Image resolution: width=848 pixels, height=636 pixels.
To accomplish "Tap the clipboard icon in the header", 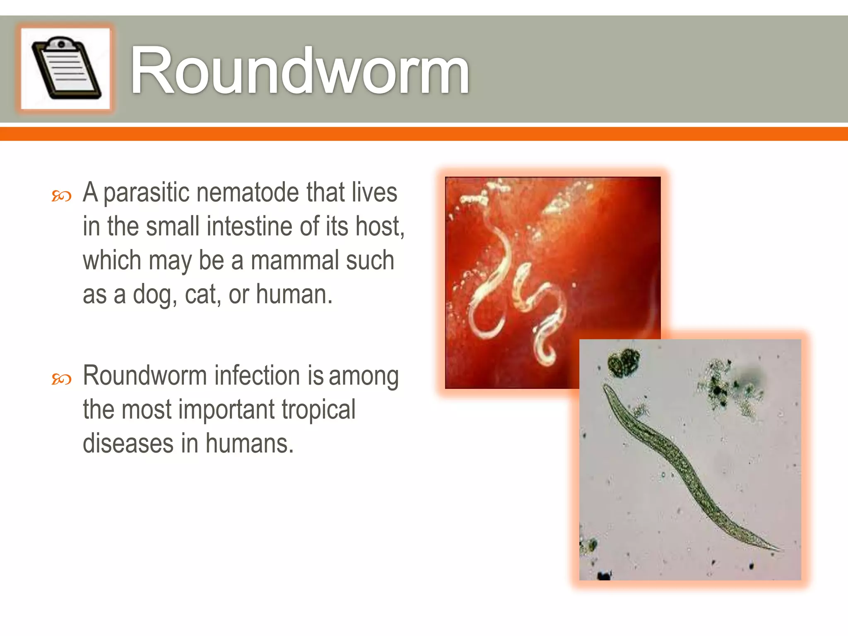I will pyautogui.click(x=65, y=68).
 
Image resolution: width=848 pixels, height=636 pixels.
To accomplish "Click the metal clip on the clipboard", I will pyautogui.click(x=61, y=43).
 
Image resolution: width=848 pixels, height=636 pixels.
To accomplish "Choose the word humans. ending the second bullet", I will pyautogui.click(x=249, y=443).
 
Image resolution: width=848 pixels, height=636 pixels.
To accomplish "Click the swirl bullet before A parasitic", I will pyautogui.click(x=61, y=196).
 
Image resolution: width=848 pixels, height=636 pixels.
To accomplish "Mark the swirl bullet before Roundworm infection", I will pyautogui.click(x=61, y=379).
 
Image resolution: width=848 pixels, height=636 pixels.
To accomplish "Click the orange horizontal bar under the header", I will pyautogui.click(x=424, y=134).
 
